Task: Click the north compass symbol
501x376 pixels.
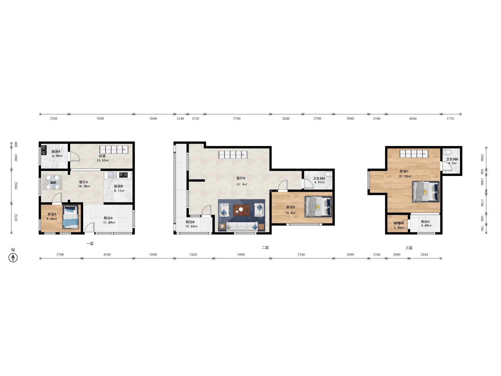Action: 13,257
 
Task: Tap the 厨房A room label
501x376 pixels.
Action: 56,151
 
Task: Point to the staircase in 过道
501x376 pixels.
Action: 114,150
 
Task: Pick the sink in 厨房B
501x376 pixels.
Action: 112,175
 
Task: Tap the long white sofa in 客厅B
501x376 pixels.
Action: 242,226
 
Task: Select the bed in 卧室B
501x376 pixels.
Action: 318,207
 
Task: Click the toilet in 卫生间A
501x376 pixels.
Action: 328,174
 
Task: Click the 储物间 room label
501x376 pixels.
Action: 399,223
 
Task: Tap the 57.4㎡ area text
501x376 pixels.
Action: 242,184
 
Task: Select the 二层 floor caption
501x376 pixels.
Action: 265,248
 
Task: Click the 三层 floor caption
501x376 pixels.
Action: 409,248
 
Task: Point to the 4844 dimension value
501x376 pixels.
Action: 413,119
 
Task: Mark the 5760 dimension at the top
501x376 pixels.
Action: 237,119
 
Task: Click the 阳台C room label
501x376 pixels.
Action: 425,222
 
